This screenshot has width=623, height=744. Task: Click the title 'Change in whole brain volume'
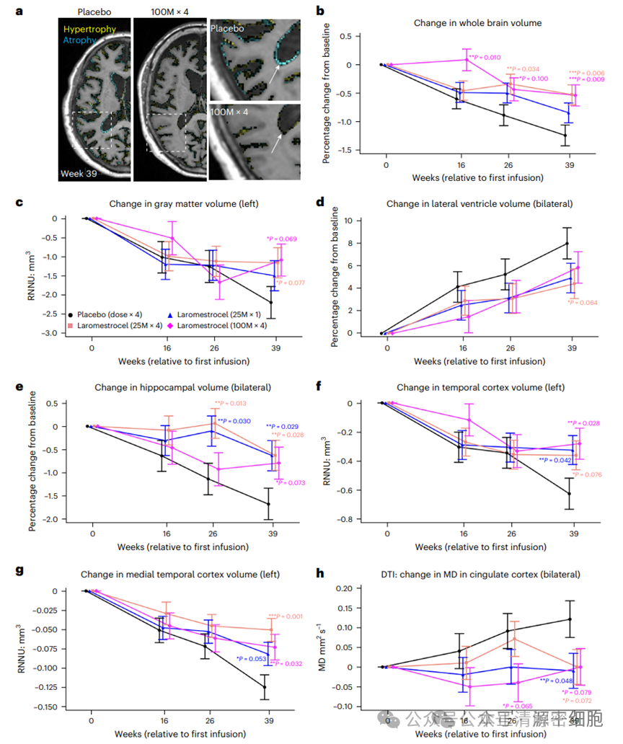(x=477, y=23)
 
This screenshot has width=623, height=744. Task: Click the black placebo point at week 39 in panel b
(x=565, y=135)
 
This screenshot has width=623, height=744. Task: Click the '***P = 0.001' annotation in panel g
(x=285, y=616)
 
